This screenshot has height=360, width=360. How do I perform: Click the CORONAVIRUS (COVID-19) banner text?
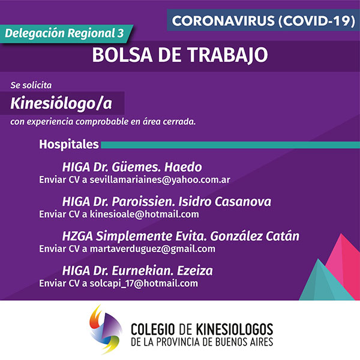pyautogui.click(x=263, y=20)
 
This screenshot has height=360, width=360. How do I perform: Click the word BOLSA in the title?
pyautogui.click(x=122, y=55)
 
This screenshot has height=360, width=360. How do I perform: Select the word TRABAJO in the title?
pyautogui.click(x=228, y=55)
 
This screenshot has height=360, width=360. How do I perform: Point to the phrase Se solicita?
pyautogui.click(x=31, y=85)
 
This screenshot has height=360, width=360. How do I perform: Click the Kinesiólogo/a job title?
pyautogui.click(x=61, y=103)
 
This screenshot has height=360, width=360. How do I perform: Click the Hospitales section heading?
pyautogui.click(x=69, y=144)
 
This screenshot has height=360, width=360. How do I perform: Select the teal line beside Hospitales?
pyautogui.click(x=230, y=145)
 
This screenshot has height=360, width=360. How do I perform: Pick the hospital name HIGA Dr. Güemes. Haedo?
pyautogui.click(x=132, y=167)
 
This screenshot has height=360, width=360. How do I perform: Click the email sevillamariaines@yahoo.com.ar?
pyautogui.click(x=160, y=180)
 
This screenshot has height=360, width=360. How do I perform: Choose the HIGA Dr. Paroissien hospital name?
pyautogui.click(x=166, y=202)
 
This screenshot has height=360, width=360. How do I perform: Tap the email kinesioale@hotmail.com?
pyautogui.click(x=144, y=214)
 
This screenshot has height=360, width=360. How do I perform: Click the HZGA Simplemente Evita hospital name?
pyautogui.click(x=181, y=236)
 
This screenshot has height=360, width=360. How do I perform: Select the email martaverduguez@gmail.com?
pyautogui.click(x=152, y=249)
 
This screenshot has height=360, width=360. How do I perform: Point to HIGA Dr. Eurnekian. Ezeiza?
pyautogui.click(x=137, y=271)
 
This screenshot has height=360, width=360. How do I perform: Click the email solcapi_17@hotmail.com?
pyautogui.click(x=144, y=283)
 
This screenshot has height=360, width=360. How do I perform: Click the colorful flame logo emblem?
pyautogui.click(x=105, y=329)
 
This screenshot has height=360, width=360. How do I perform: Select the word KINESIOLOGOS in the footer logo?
pyautogui.click(x=235, y=329)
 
